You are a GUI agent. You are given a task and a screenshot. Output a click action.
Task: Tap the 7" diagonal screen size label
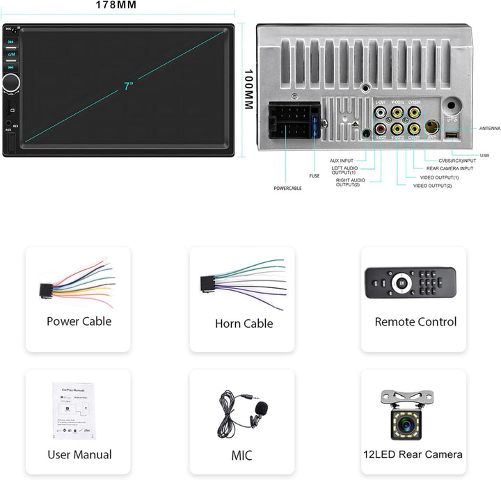pos(128,86)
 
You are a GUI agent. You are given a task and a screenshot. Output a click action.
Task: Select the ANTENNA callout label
pos(490,129)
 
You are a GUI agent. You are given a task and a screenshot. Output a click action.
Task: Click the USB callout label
pos(484,155)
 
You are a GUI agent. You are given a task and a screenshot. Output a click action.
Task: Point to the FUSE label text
pos(314,176)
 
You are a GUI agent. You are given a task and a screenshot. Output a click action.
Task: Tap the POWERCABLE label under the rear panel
pos(287,188)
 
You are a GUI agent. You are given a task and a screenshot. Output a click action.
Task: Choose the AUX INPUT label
pos(342,161)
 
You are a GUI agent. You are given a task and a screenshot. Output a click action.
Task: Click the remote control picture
pos(410,283)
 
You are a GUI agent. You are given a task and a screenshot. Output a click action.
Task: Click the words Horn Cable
pos(244,323)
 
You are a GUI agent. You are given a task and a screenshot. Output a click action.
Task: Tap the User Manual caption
pos(79,455)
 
